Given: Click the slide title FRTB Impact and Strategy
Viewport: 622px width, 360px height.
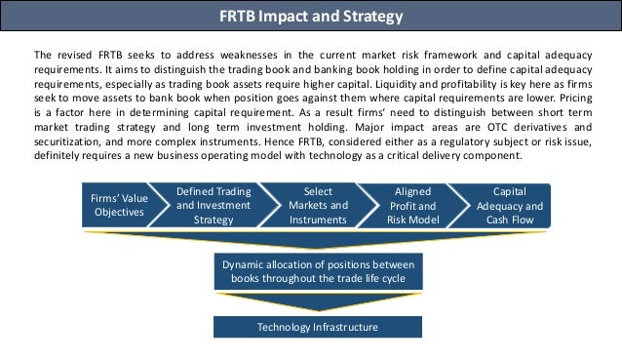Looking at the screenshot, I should (311, 17).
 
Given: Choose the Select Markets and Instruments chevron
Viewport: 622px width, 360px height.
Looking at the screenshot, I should (318, 206).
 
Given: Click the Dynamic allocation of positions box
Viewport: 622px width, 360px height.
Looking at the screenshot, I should (318, 271).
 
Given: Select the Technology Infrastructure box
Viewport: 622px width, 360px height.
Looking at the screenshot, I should (318, 327).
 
